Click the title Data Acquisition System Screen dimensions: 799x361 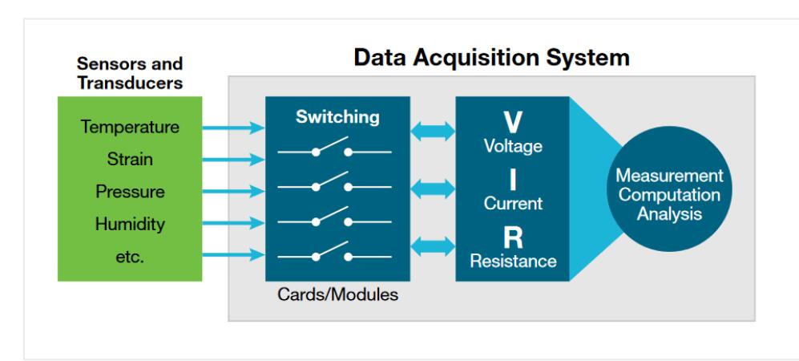point(492,58)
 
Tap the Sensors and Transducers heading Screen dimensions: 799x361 point(130,74)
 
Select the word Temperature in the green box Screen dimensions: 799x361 point(130,127)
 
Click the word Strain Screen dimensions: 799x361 point(130,159)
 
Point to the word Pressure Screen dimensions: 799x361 point(130,192)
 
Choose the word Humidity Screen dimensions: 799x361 point(130,225)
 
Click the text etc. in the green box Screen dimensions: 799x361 point(130,257)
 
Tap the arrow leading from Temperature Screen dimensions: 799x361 point(233,127)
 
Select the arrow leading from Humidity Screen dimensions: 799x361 point(233,223)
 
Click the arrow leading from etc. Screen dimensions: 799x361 point(233,254)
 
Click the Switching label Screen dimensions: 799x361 point(337,117)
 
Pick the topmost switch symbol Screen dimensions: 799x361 point(334,148)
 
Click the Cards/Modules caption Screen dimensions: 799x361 point(337,294)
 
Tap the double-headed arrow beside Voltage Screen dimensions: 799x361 point(433,131)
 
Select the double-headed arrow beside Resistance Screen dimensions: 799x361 point(433,246)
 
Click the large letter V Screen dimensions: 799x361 point(513,123)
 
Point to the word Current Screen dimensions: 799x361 point(513,204)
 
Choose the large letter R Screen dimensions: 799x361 point(513,237)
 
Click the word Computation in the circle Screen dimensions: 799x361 point(669,195)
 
